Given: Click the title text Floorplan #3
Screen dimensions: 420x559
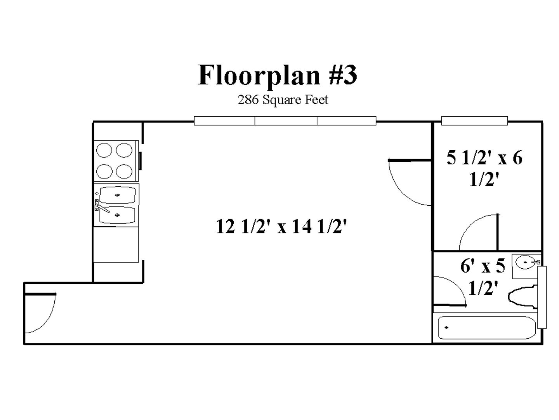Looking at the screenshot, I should click(x=277, y=75).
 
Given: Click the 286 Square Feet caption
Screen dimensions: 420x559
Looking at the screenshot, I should click(x=283, y=100).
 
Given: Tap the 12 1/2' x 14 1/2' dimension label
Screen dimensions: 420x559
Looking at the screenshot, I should click(x=281, y=226).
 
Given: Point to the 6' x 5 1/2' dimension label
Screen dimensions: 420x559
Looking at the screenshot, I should click(x=483, y=276).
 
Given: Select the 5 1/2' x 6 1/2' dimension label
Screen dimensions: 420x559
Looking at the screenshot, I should click(x=484, y=168).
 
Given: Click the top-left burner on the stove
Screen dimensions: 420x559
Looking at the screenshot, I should click(x=104, y=150).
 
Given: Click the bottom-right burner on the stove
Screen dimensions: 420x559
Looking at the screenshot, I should click(x=124, y=171).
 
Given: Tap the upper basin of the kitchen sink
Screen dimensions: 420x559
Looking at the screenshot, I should click(x=117, y=194).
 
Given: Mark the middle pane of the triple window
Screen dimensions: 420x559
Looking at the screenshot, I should click(x=286, y=121).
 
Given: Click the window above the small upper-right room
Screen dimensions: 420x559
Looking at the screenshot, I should click(x=474, y=121).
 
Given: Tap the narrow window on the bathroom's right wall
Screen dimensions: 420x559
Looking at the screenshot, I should click(x=542, y=297).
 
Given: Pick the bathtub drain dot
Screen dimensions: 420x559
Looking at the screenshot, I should click(x=446, y=327).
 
